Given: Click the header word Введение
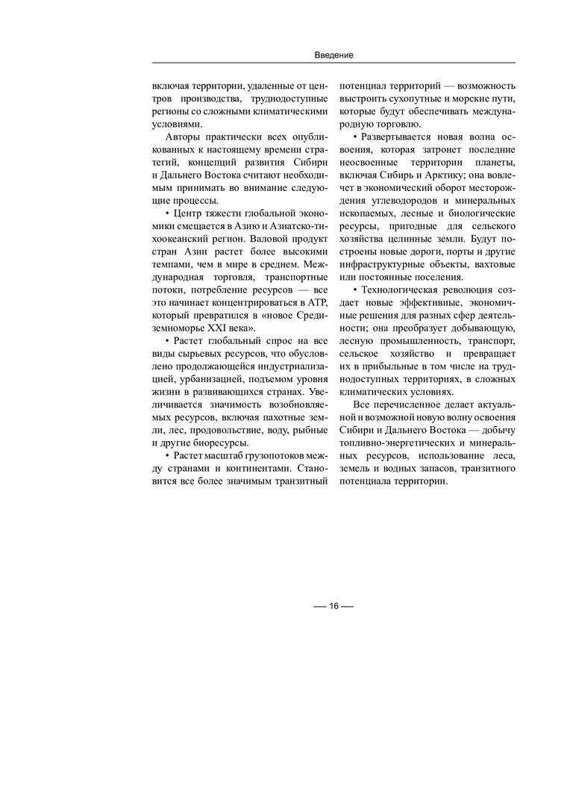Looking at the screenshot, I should [333, 55].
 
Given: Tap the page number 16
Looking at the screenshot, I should [333, 605].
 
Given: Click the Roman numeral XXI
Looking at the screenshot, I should [231, 328].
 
